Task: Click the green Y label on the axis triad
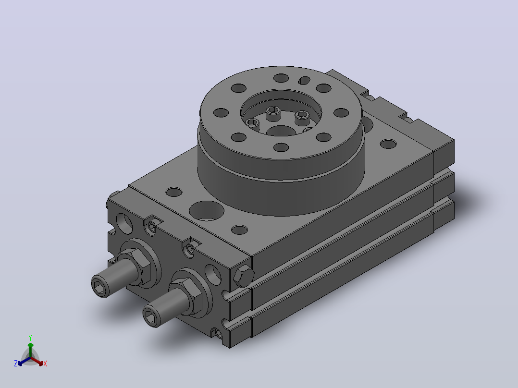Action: coord(30,338)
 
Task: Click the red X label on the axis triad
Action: coord(45,364)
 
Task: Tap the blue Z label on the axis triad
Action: coord(16,364)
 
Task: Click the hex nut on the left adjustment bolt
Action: coord(135,264)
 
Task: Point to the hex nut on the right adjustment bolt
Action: coord(186,293)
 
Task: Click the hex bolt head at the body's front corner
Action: coord(244,276)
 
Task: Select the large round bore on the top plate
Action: coord(207,211)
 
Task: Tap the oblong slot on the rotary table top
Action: coord(304,80)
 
